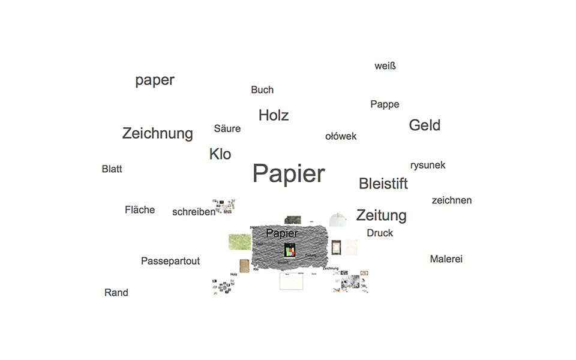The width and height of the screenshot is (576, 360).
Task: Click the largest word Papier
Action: pyautogui.click(x=289, y=174)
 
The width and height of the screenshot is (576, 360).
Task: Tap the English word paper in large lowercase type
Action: pyautogui.click(x=155, y=80)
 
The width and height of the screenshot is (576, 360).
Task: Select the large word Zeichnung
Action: pyautogui.click(x=158, y=133)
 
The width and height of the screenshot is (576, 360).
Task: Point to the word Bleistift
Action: pyautogui.click(x=383, y=184)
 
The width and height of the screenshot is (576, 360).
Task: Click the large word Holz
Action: pyautogui.click(x=274, y=115)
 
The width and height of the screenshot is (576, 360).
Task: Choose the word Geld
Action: pyautogui.click(x=425, y=125)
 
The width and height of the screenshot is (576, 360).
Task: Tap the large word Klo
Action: pyautogui.click(x=220, y=154)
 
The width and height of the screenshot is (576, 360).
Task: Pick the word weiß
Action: pyautogui.click(x=385, y=66)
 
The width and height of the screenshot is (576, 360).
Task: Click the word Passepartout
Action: pyautogui.click(x=170, y=261)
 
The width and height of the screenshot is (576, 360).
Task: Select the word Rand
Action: pyautogui.click(x=116, y=293)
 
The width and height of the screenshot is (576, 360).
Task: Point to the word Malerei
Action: pyautogui.click(x=446, y=259)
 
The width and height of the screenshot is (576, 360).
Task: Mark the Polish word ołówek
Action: pyautogui.click(x=341, y=136)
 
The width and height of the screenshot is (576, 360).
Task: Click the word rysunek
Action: pyautogui.click(x=428, y=165)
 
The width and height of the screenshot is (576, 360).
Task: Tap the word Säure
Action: pyautogui.click(x=227, y=128)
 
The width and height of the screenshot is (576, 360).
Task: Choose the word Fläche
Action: pyautogui.click(x=140, y=210)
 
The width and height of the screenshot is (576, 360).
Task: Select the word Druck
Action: pyautogui.click(x=380, y=233)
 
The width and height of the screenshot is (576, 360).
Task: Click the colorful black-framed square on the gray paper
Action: pyautogui.click(x=290, y=251)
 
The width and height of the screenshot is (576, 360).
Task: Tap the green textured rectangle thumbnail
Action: pyautogui.click(x=239, y=241)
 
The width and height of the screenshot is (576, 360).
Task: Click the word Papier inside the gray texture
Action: pyautogui.click(x=282, y=233)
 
